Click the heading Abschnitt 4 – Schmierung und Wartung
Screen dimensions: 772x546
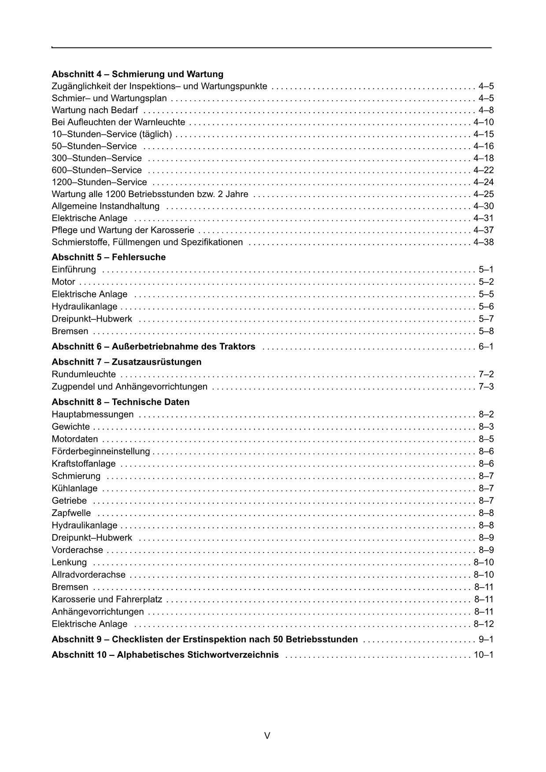pos(137,74)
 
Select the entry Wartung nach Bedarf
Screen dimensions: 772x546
pos(95,110)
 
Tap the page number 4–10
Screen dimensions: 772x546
pos(483,122)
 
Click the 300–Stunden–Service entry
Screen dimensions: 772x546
pos(97,158)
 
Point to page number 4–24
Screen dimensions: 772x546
pos(483,182)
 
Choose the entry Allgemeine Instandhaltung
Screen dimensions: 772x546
pos(106,206)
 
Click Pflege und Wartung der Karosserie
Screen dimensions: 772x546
pos(123,230)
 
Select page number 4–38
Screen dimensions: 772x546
pos(483,242)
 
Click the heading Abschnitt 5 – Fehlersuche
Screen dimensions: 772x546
pos(109,257)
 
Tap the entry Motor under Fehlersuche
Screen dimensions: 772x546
pos(63,282)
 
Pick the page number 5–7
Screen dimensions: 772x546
pos(486,318)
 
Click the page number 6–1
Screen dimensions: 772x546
pos(486,346)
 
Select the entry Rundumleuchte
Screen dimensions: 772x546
pos(84,374)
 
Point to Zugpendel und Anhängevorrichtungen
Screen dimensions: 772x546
pos(129,387)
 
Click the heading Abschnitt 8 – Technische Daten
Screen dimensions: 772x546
pos(121,402)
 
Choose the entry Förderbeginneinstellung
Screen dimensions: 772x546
pos(101,451)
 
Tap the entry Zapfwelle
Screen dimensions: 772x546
pos(71,513)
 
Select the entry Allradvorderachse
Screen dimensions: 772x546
pos(89,574)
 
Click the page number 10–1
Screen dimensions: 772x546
pos(483,655)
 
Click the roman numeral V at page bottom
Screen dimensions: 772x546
pos(267,735)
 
